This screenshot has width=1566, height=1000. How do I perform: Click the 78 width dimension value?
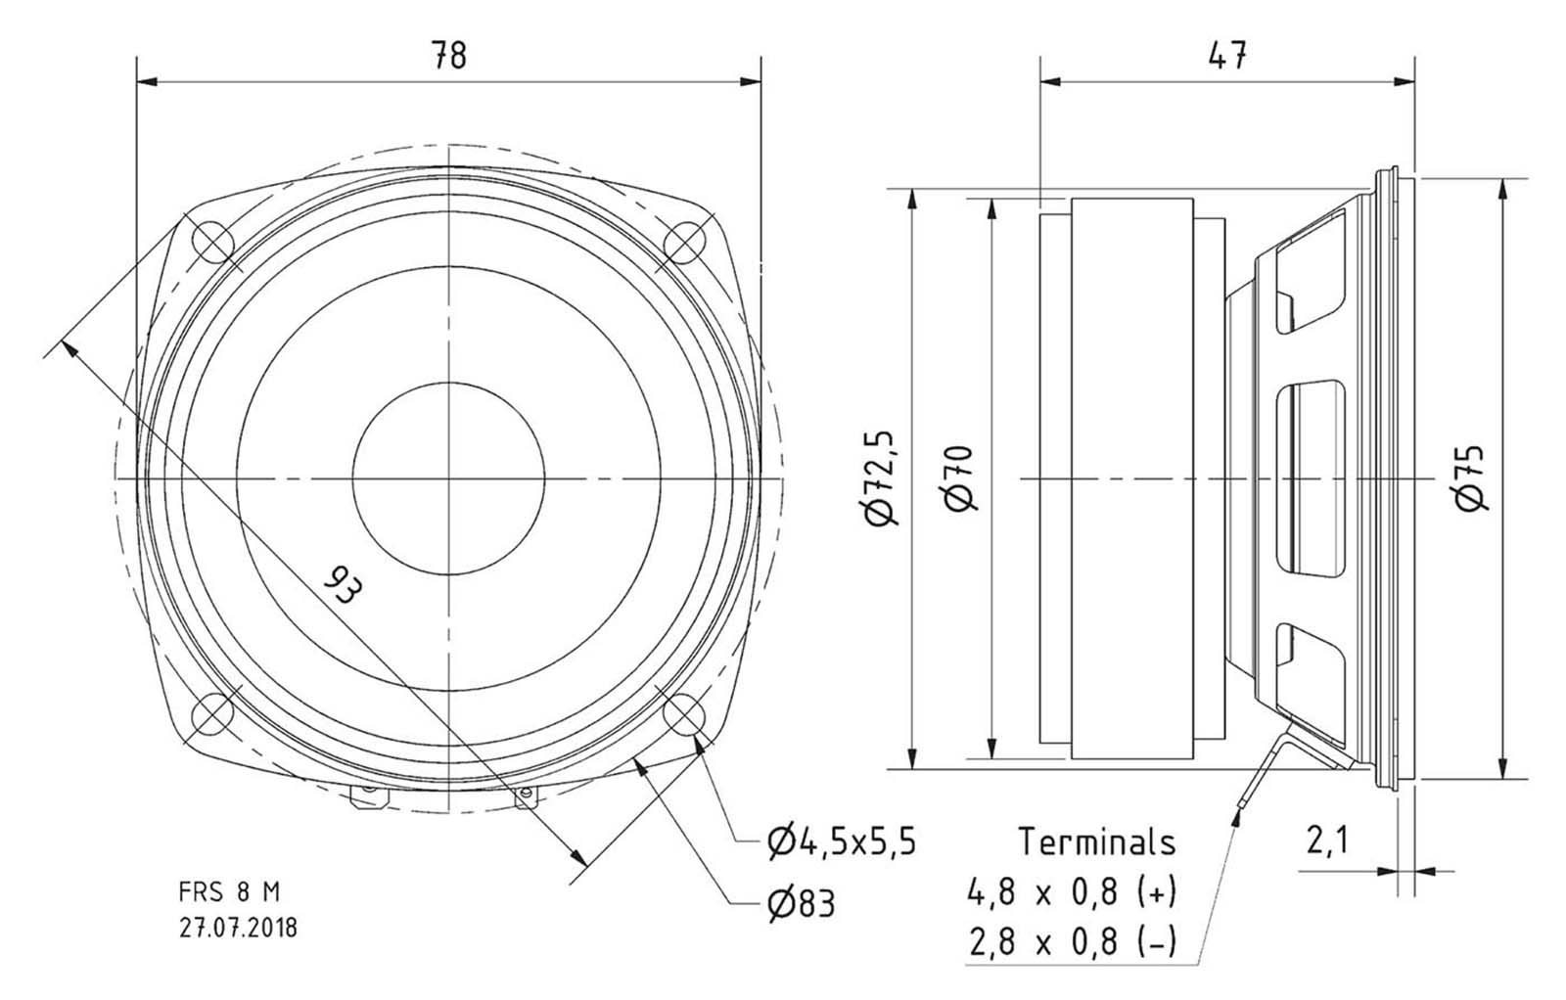448,56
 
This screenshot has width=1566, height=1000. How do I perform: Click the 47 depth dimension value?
1227,56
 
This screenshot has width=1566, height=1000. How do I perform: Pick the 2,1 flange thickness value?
1327,840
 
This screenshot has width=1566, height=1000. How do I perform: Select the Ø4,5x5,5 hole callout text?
841,841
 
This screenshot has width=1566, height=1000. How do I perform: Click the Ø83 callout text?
802,903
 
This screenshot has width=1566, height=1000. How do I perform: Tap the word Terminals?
1096,841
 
